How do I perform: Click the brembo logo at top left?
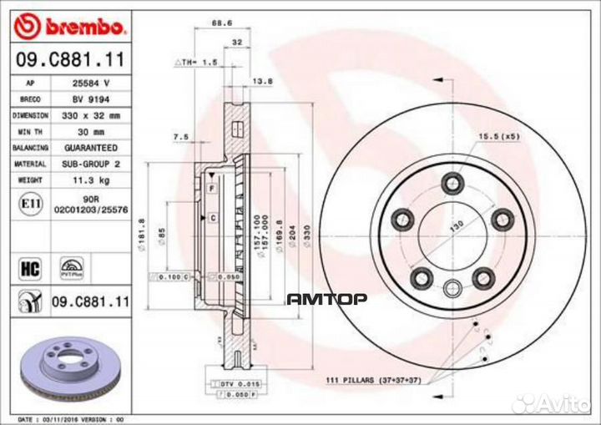click(71, 27)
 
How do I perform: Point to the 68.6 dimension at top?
click(221, 25)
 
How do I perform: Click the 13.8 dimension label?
click(262, 81)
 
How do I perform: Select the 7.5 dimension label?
click(179, 136)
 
